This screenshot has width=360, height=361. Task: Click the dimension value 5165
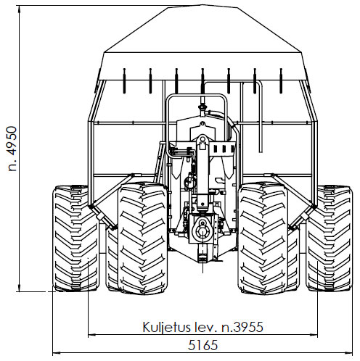202,345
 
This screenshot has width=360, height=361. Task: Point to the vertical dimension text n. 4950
12,149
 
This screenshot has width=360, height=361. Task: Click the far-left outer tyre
76,238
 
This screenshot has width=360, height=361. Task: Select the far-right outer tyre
330,238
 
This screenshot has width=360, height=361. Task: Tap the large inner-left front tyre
143,238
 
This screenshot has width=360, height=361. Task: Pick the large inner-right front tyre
263,238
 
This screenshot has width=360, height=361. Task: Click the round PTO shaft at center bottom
202,231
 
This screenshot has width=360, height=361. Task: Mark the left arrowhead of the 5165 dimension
56,353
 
